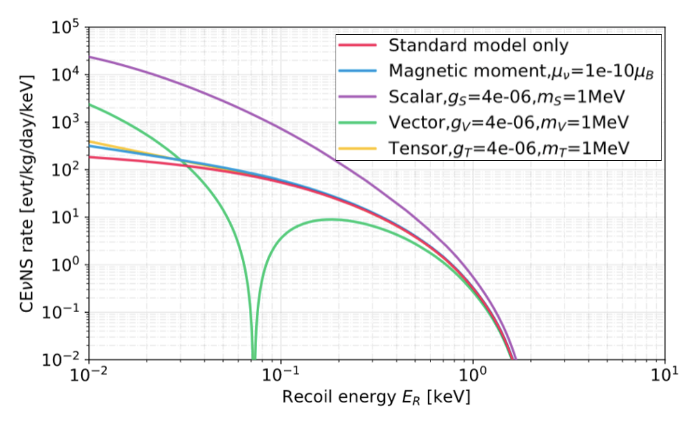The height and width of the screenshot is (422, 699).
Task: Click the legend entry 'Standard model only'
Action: coord(479,45)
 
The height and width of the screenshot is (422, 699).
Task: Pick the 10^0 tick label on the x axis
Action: coord(473,376)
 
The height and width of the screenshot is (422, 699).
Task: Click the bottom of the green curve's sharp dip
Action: coord(253,357)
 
